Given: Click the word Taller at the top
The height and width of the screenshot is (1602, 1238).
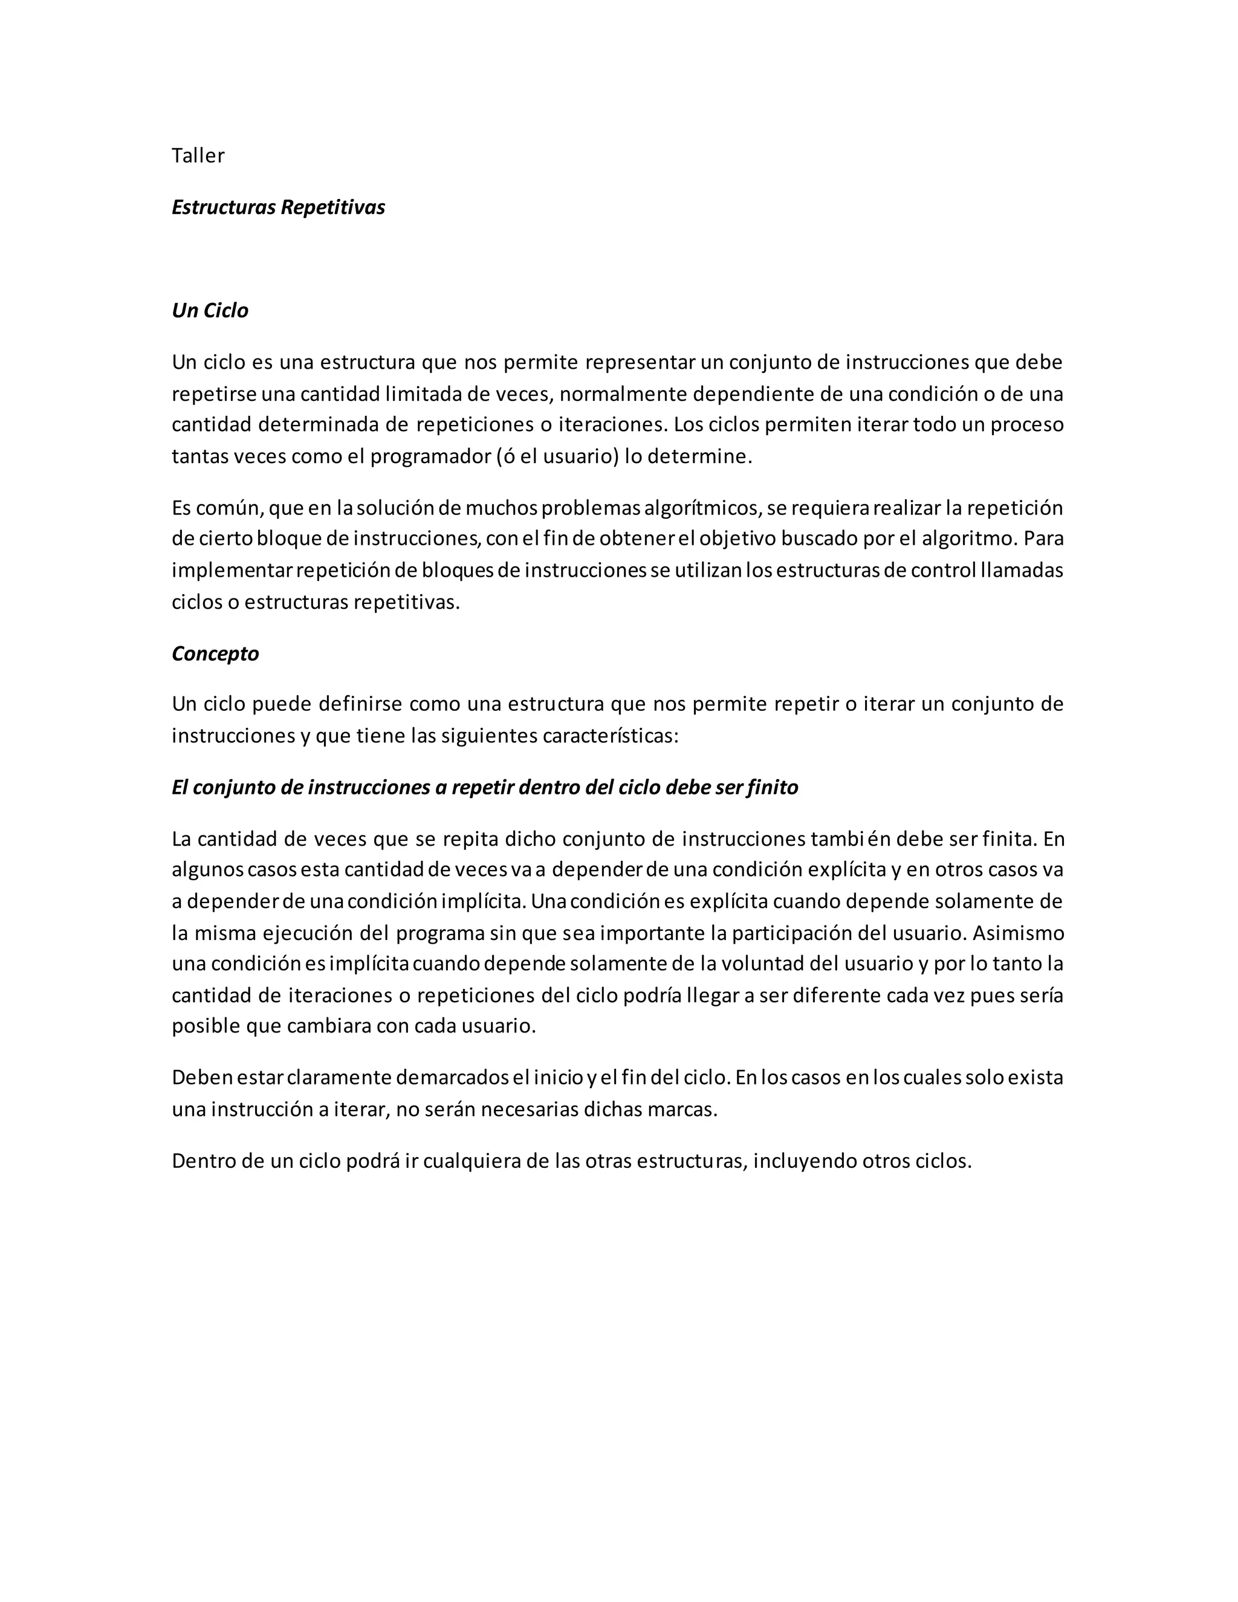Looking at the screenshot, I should point(198,155).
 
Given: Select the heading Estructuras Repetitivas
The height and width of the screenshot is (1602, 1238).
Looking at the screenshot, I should point(278,207).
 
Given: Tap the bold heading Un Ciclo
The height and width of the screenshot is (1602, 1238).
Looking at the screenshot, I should point(210,311).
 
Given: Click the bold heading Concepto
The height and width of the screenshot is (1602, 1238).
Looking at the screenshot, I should point(215,653).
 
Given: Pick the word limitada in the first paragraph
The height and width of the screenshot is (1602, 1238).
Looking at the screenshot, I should point(423,394).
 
